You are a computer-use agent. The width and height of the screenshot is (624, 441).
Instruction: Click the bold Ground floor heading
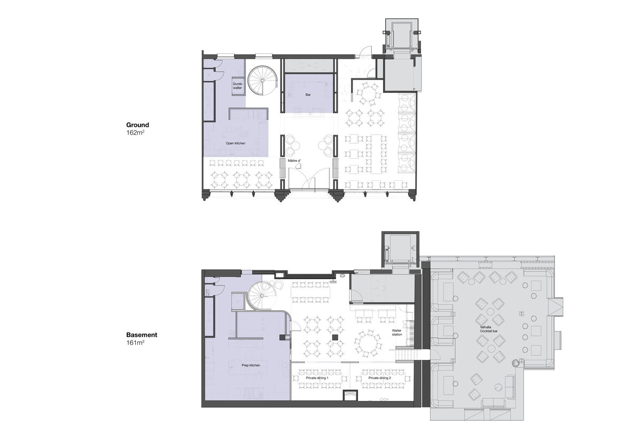click(138, 125)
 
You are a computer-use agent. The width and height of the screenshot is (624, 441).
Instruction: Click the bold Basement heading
click(142, 335)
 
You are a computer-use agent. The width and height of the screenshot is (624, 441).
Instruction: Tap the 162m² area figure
click(135, 132)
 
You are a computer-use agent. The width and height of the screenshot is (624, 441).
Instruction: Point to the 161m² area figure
click(135, 342)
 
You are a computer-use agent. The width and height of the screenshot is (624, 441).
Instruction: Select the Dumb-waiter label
click(238, 85)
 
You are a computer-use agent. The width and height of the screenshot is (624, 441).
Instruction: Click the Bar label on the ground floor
click(308, 95)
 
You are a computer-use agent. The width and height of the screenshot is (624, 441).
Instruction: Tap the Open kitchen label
click(236, 143)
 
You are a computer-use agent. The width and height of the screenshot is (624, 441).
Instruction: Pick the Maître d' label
click(294, 161)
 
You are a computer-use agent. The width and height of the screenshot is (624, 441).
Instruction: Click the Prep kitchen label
click(251, 365)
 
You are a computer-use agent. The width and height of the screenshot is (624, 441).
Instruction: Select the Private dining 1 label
click(317, 378)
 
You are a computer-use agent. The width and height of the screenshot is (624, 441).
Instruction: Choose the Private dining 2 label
click(380, 378)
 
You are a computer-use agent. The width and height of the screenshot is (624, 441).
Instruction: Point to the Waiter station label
click(397, 333)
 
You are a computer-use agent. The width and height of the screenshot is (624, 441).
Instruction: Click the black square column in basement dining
click(335, 337)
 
